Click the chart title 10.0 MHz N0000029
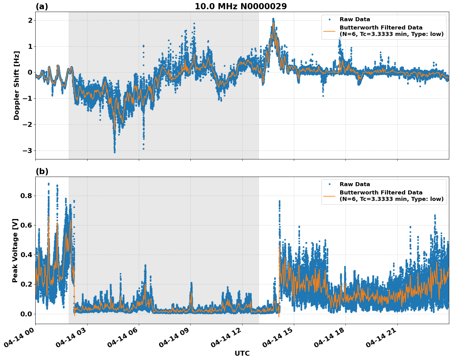(241, 6)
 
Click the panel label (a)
(42, 6)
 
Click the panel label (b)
(42, 171)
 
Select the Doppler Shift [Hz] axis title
(17, 85)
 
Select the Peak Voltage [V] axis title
(15, 250)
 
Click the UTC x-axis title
(242, 353)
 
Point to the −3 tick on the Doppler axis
(28, 151)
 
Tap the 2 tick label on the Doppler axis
(30, 20)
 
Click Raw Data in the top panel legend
(355, 19)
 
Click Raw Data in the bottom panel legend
(355, 184)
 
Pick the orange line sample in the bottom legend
(329, 196)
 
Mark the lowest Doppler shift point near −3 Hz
(115, 152)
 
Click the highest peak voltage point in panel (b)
(49, 184)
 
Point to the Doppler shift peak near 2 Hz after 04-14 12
(273, 19)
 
